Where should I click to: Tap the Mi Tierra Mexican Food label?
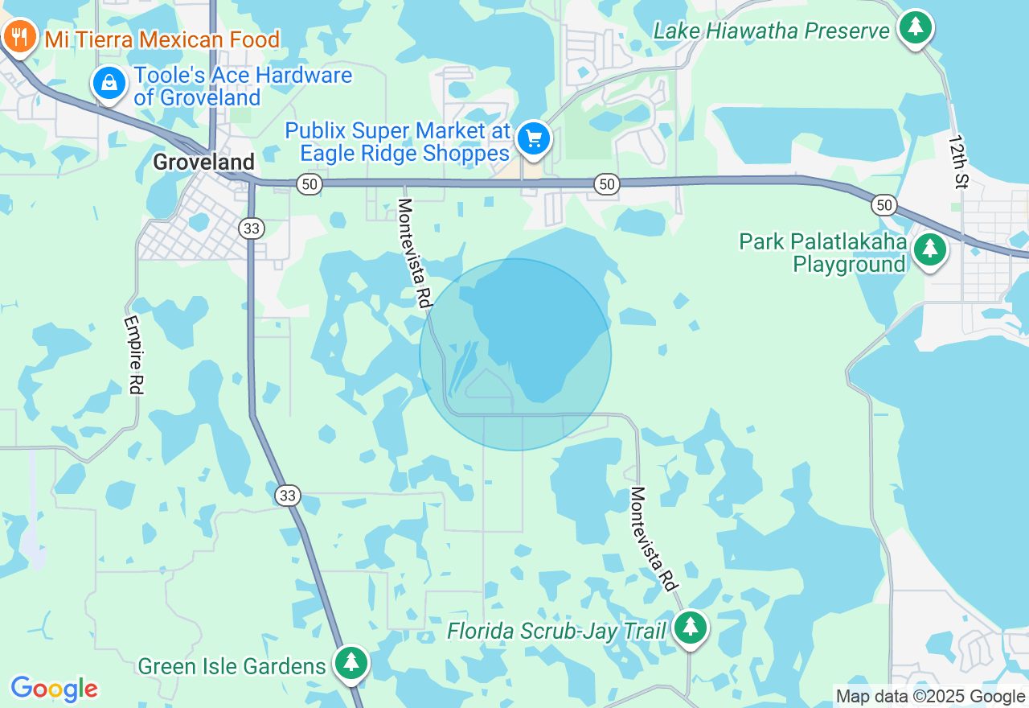click(162, 39)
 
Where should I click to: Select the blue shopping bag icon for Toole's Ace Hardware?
click(109, 83)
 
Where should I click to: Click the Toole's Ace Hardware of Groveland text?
click(243, 87)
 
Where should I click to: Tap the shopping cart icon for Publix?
click(533, 138)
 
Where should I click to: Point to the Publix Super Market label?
click(398, 142)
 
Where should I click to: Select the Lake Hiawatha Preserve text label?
click(771, 31)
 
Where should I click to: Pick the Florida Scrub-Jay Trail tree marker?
click(690, 628)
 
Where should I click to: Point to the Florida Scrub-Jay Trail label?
click(556, 631)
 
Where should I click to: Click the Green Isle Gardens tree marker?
click(351, 663)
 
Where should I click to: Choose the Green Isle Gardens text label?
click(232, 666)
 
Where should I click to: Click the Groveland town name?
click(203, 162)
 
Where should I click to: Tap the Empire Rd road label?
click(133, 354)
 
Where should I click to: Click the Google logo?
click(54, 689)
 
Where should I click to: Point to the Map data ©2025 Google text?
click(930, 697)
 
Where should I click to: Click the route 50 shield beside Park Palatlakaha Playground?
click(884, 205)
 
